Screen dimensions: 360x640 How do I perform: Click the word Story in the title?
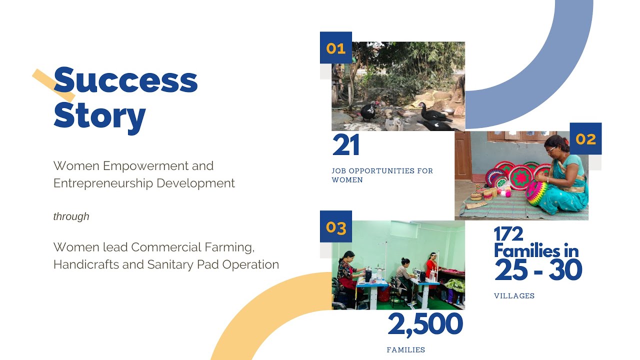pyautogui.click(x=99, y=116)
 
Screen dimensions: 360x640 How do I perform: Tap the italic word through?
pyautogui.click(x=71, y=216)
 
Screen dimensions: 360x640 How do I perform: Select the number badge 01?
pyautogui.click(x=335, y=48)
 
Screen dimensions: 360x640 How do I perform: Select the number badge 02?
pyautogui.click(x=585, y=138)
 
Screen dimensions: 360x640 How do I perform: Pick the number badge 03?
pyautogui.click(x=335, y=227)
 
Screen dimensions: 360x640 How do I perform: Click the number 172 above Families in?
pyautogui.click(x=508, y=234)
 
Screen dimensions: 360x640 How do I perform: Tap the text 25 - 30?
pyautogui.click(x=538, y=270)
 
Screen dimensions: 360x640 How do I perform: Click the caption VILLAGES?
pyautogui.click(x=514, y=296)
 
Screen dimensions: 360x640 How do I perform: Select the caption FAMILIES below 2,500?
pyautogui.click(x=405, y=350)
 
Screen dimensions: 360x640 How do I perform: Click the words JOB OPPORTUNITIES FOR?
pyautogui.click(x=382, y=171)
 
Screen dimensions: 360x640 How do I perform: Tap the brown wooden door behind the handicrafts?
pyautogui.click(x=462, y=155)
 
